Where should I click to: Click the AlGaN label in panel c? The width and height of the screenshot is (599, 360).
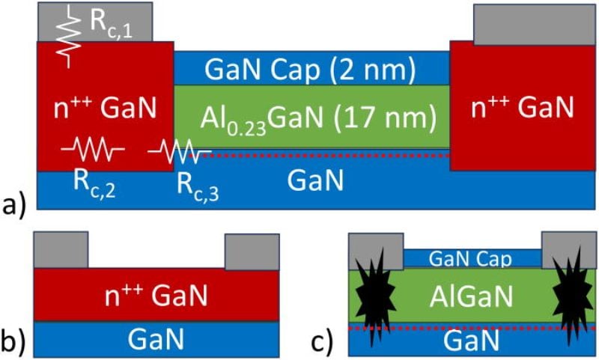coord(472,296)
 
